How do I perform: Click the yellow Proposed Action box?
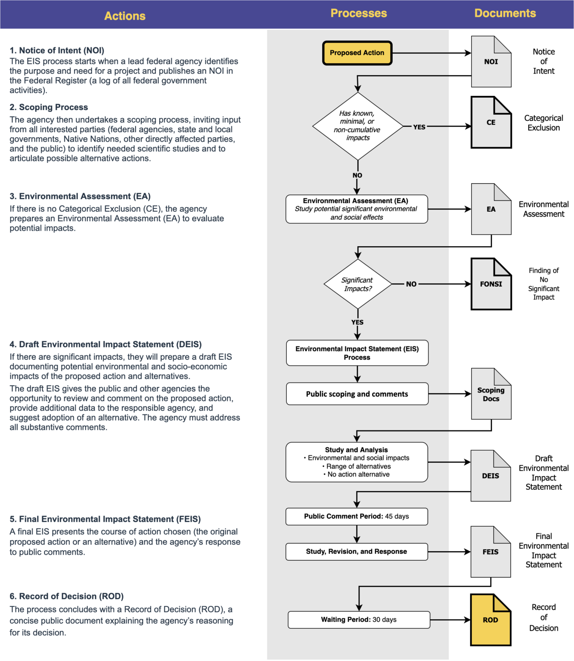pos(357,53)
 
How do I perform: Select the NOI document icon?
pos(491,62)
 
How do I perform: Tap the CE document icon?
pos(491,123)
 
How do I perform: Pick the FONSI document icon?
pos(491,284)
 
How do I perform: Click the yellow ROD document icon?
pos(490,620)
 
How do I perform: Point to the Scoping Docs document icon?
pos(491,394)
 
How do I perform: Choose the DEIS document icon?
pos(490,476)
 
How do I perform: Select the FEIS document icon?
pos(490,552)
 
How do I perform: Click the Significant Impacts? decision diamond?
pos(357,284)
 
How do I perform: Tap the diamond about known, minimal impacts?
pos(357,126)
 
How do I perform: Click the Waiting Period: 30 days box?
pos(359,620)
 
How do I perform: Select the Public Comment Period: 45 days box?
pos(357,516)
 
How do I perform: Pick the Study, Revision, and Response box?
pos(357,552)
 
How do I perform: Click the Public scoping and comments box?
pos(357,394)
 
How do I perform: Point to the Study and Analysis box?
pos(357,462)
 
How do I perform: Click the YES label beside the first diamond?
pos(419,127)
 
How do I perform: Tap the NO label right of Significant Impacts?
pos(411,284)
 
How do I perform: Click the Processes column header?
pos(359,13)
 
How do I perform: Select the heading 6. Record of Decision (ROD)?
pos(67,596)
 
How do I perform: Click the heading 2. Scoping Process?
pos(49,107)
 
